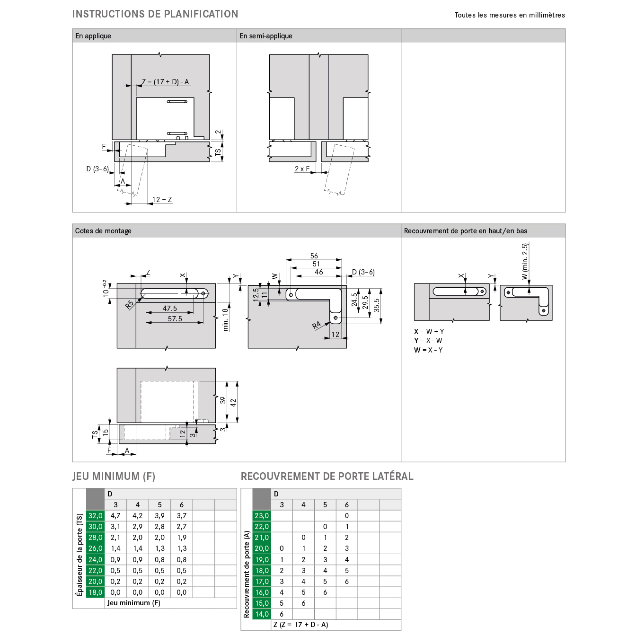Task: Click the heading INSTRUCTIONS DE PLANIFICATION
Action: click(x=155, y=14)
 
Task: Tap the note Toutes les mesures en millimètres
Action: click(x=510, y=15)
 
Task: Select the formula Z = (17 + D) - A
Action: click(x=165, y=81)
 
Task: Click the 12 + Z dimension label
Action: click(x=162, y=199)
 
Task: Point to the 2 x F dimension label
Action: click(x=302, y=168)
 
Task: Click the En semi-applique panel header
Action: click(x=265, y=35)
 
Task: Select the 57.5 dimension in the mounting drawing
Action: click(x=175, y=318)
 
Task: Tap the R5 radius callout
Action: click(x=129, y=305)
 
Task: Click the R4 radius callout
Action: click(x=317, y=326)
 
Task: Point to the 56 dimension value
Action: click(x=314, y=256)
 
